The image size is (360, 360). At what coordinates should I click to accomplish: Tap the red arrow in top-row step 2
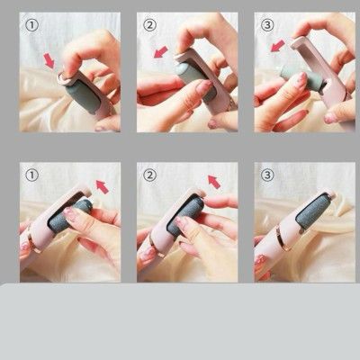coord(162,52)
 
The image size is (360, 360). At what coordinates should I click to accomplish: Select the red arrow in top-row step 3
coord(277,44)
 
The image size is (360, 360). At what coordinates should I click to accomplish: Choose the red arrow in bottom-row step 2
coord(213,183)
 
